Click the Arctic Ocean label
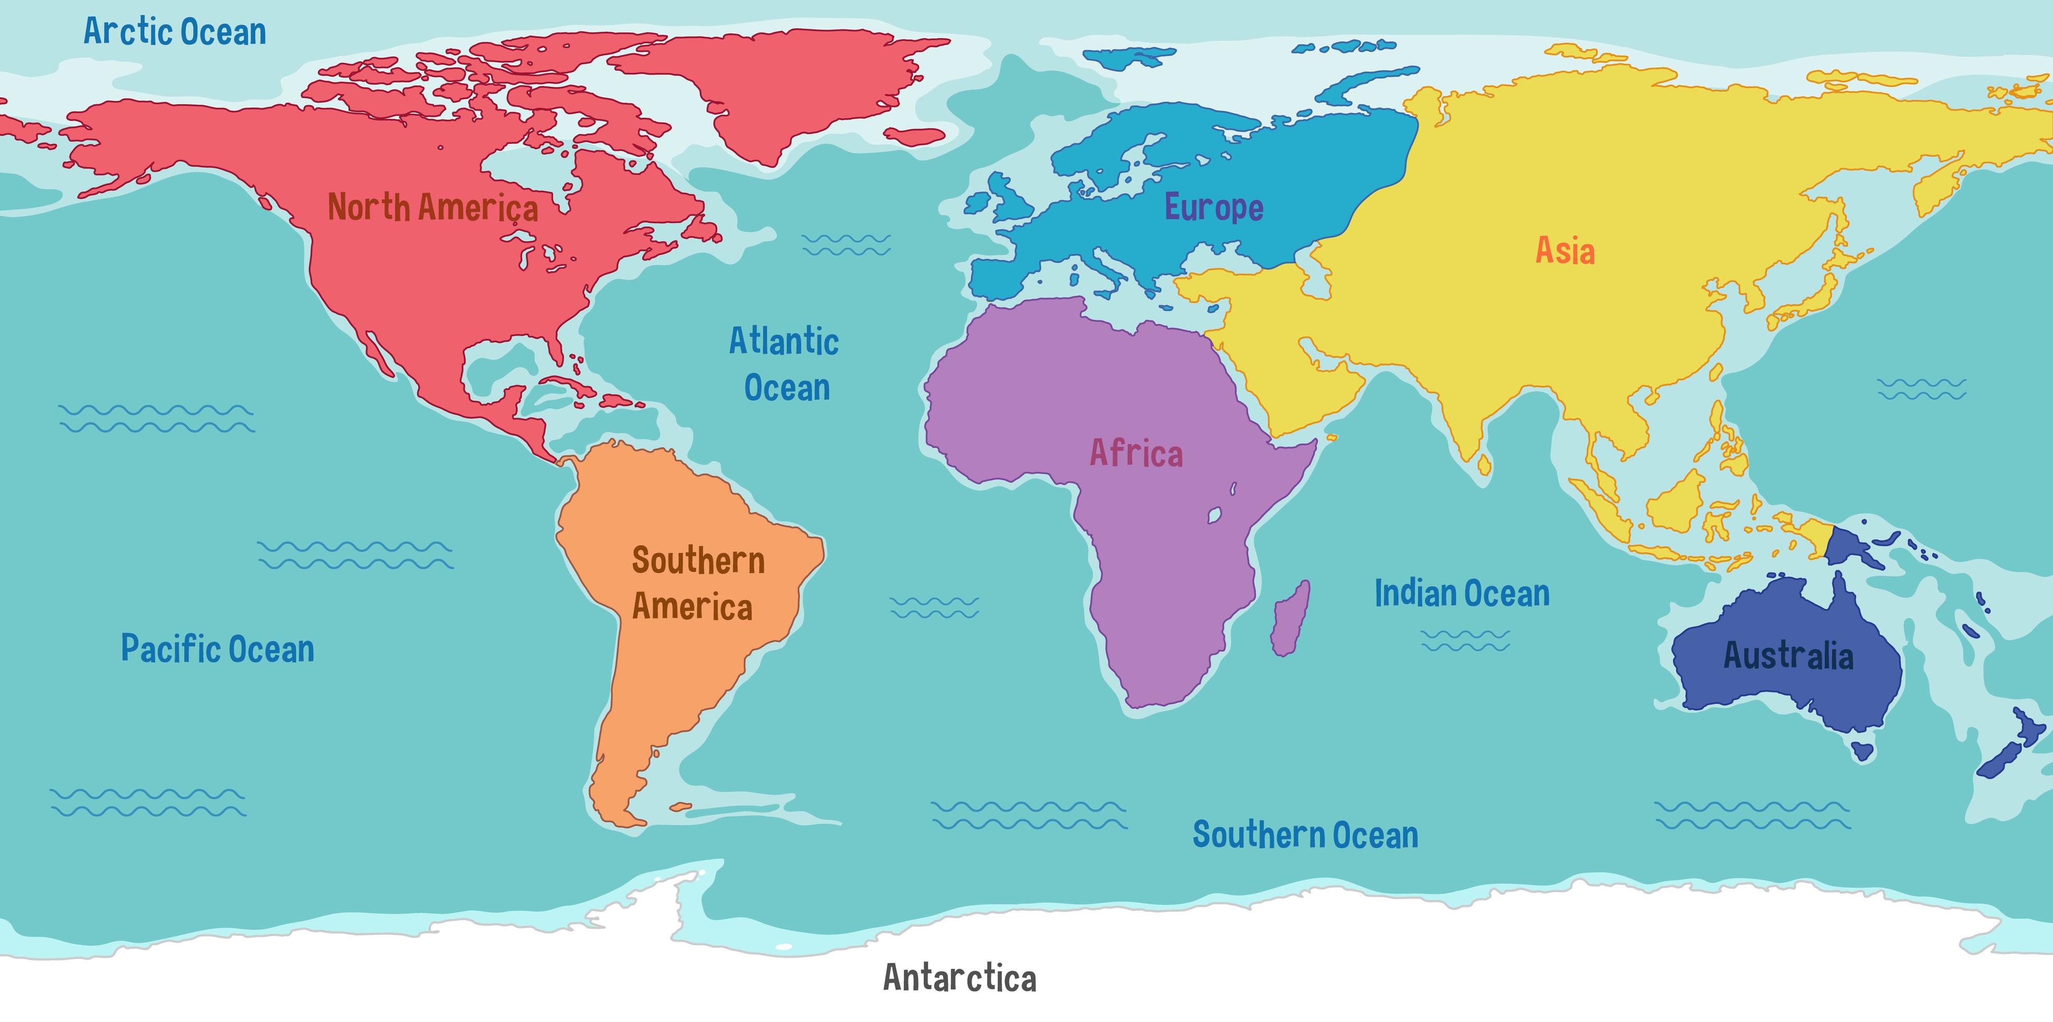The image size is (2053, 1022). tap(175, 32)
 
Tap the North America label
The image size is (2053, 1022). tap(433, 208)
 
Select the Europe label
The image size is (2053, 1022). tap(1214, 208)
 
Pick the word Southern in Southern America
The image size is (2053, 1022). tap(698, 561)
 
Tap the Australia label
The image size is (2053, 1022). tap(1788, 655)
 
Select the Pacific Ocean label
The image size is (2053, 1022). tap(217, 649)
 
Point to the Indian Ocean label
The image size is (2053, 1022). tap(1461, 593)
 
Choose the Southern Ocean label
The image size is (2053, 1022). tap(1305, 835)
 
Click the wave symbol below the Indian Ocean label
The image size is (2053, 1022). tap(1465, 640)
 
